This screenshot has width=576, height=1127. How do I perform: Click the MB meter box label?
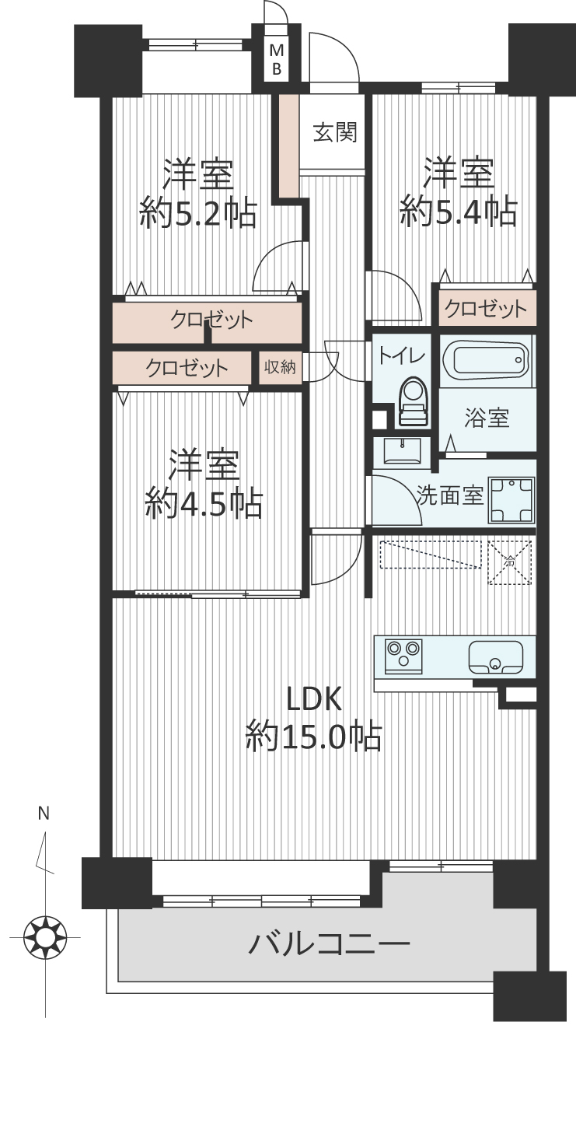(x=277, y=59)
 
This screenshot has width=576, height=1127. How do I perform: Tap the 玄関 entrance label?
(x=335, y=132)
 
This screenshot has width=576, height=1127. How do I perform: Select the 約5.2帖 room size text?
(x=198, y=213)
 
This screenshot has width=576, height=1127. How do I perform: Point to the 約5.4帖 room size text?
(x=459, y=212)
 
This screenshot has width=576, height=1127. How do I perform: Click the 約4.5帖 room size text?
(x=204, y=504)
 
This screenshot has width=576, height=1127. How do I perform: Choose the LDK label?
(x=313, y=699)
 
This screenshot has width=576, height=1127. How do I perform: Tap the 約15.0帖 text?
(x=313, y=737)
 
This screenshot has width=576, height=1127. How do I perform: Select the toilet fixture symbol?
(x=414, y=401)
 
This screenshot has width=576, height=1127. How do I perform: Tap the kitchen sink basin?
(x=495, y=657)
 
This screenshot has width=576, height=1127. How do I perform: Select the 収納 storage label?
(x=280, y=367)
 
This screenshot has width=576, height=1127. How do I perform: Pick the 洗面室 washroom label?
(x=450, y=495)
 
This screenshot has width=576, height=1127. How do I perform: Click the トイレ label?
(x=401, y=355)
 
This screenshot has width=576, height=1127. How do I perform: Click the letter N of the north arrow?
(x=44, y=814)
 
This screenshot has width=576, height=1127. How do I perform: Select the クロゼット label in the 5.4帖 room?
(x=486, y=309)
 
